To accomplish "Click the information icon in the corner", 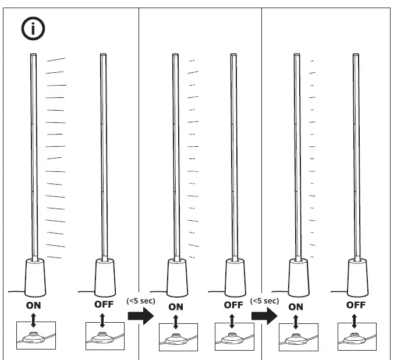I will pos(33,29).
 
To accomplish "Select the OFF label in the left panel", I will pos(104,304).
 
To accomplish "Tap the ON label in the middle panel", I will pos(176,306).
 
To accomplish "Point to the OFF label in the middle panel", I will pos(233,305).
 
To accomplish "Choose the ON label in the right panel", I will pos(296,306).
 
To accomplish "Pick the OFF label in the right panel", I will pos(356,305).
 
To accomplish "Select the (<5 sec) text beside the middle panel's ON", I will pos(141,301).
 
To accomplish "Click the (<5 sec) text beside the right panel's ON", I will pos(264,301).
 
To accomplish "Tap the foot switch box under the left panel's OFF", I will pos(105,336).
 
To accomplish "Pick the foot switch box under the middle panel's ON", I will pos(178,337).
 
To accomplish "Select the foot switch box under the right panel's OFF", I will pos(357,337).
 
